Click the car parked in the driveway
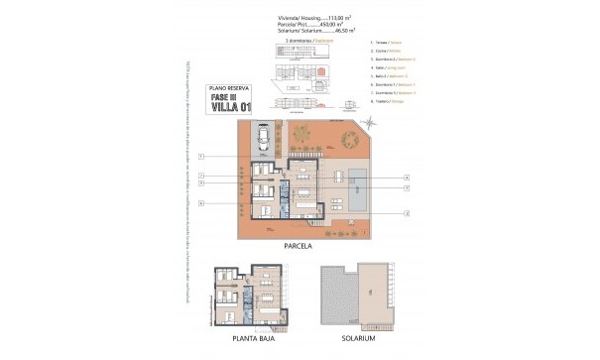click(263, 139)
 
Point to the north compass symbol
click(369, 121)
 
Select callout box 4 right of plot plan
click(407, 179)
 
